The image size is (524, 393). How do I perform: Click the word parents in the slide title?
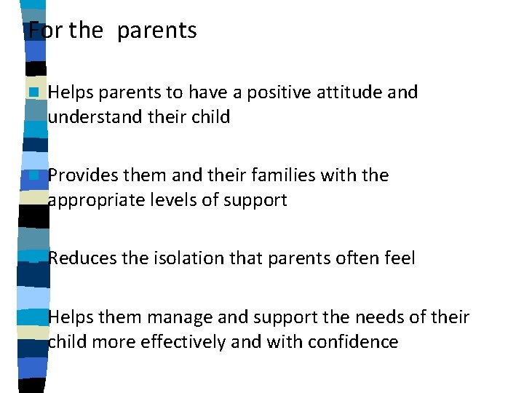pyautogui.click(x=156, y=31)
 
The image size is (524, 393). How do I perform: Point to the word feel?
pyautogui.click(x=400, y=258)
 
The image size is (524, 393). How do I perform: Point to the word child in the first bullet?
pyautogui.click(x=210, y=116)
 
